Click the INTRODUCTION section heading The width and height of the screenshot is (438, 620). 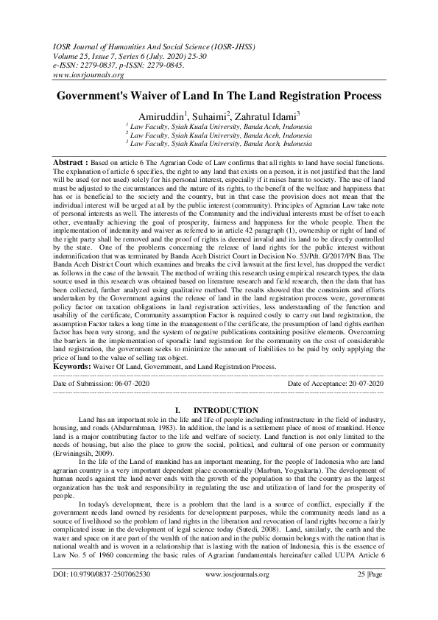click(225, 410)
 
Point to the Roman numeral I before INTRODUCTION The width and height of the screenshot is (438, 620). click(178, 410)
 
